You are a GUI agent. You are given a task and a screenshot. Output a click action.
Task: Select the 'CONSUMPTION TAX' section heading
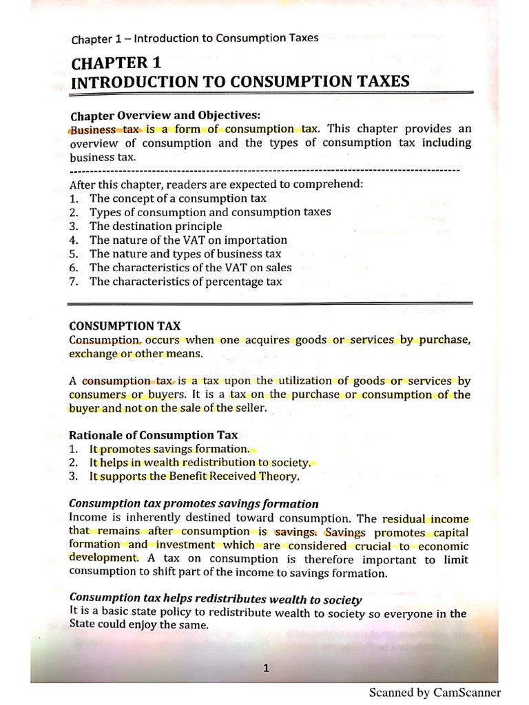125,326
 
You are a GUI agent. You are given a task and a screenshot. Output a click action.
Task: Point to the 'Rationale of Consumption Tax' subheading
153,434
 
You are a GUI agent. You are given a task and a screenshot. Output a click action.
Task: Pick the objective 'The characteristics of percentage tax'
185,281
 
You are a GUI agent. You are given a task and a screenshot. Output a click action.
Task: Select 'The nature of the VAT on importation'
187,240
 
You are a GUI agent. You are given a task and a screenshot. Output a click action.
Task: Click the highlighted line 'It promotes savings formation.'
169,449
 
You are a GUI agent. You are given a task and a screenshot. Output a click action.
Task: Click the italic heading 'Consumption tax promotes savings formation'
194,504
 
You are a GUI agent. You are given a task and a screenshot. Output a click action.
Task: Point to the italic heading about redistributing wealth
216,599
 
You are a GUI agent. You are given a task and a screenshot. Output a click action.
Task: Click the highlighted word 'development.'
103,558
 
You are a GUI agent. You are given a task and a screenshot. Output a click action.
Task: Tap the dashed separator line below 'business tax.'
264,169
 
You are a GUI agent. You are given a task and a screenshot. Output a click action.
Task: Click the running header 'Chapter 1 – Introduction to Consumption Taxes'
195,38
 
